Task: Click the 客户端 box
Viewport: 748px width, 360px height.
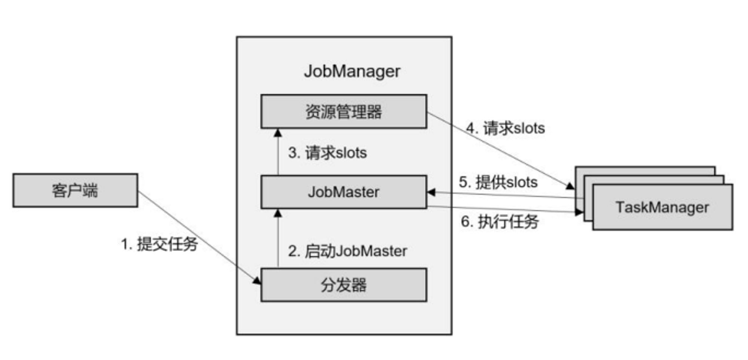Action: (x=75, y=190)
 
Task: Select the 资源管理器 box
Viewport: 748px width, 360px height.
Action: (x=344, y=112)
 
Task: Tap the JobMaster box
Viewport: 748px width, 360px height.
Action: (x=344, y=192)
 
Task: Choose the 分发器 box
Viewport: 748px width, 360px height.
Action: (x=344, y=285)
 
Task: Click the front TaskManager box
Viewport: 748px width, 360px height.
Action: (x=663, y=207)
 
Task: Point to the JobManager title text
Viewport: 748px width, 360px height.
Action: (x=352, y=71)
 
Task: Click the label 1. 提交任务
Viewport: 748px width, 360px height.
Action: (x=159, y=244)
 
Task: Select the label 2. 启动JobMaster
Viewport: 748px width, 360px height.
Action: (x=347, y=251)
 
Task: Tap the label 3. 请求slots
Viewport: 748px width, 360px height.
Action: (x=328, y=153)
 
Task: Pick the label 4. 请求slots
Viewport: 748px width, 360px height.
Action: (x=505, y=128)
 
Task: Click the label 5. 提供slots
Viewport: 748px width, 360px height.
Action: (x=498, y=182)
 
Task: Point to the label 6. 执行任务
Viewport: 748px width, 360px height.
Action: (x=500, y=222)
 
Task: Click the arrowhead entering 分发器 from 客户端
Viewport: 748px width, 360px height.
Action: (x=257, y=281)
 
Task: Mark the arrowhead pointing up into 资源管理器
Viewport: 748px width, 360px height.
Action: (x=278, y=133)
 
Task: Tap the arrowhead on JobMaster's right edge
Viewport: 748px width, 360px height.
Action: (x=431, y=192)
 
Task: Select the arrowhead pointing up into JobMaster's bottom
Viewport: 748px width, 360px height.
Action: (x=278, y=213)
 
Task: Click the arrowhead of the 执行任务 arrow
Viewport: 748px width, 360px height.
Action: (x=579, y=212)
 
